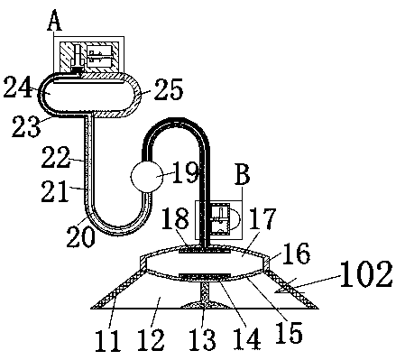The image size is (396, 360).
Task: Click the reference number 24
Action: click(18, 87)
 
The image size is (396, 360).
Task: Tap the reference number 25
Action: click(169, 89)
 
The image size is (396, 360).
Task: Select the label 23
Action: click(26, 126)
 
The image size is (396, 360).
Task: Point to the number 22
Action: click(56, 157)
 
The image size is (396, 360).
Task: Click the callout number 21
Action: click(55, 191)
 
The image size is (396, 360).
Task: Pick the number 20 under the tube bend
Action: click(80, 236)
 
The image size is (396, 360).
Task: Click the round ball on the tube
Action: click(147, 177)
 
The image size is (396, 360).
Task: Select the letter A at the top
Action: click(54, 21)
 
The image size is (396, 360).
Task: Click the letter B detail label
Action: click(243, 174)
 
